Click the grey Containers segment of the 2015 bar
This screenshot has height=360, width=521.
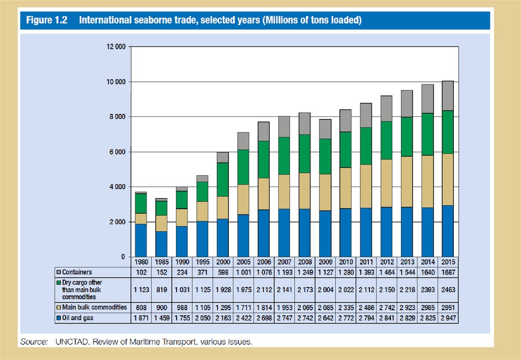pos(447,96)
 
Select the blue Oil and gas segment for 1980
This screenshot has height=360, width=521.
pos(141,240)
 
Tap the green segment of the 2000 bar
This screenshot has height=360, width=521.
pos(223,179)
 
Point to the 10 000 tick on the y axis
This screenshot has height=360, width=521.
pos(115,82)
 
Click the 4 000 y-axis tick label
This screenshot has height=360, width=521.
pos(117,187)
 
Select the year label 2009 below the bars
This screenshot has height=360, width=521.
pos(325,262)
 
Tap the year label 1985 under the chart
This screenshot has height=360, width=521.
pos(162,262)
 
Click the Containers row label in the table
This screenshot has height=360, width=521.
pos(77,272)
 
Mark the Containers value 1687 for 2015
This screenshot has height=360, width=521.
pos(448,272)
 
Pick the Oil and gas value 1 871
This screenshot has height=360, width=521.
pos(141,318)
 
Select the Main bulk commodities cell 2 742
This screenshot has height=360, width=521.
pos(386,307)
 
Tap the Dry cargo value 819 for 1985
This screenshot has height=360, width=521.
pos(162,289)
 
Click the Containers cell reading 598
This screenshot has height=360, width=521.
pos(223,272)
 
